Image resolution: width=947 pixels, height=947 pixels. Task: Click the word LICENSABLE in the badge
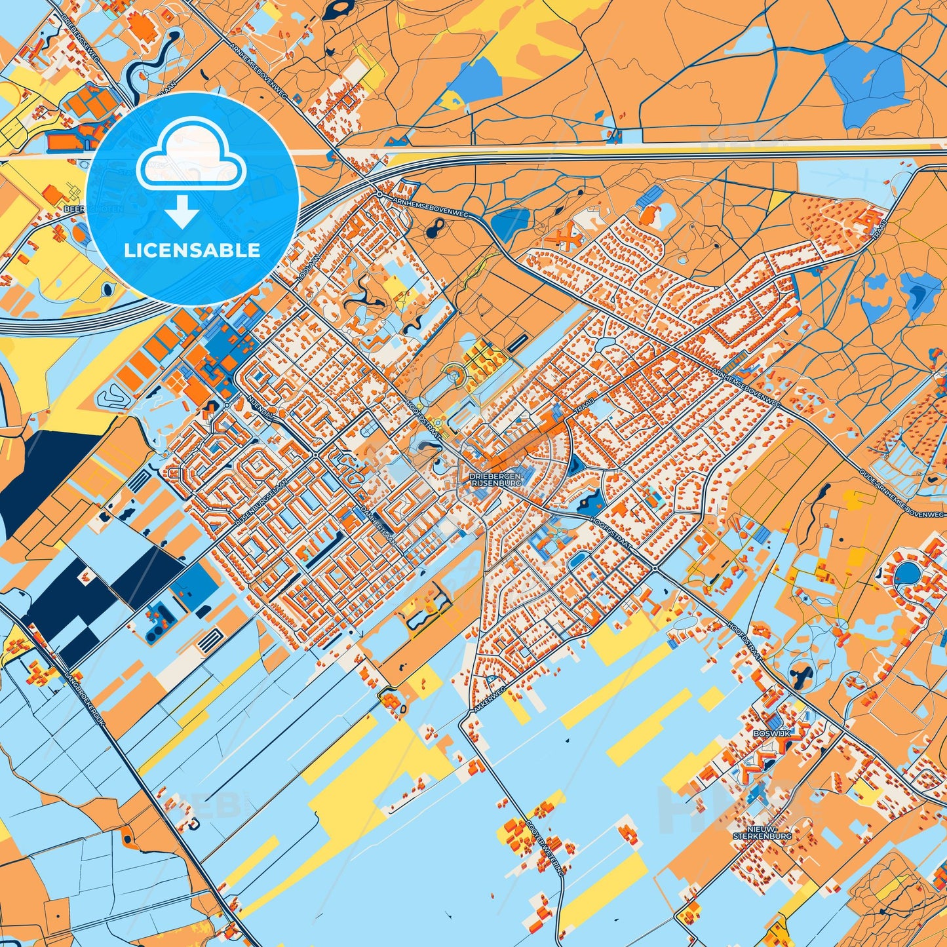(x=193, y=250)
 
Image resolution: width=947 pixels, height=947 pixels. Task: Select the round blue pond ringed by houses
(x=908, y=573)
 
